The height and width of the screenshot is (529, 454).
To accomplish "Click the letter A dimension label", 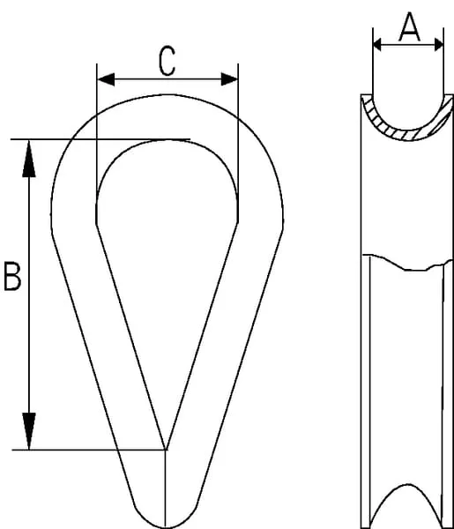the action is [409, 27].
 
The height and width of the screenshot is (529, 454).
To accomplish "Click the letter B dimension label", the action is [13, 276].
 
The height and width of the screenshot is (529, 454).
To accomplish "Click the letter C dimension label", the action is [167, 62].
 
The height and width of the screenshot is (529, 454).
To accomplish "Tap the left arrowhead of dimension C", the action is [106, 79].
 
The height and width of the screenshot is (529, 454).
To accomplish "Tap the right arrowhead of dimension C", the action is [229, 79].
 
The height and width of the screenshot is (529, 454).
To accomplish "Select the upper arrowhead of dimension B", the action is [29, 159].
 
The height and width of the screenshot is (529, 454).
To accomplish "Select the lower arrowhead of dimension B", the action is [29, 431].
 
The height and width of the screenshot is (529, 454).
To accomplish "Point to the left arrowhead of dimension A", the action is [377, 45].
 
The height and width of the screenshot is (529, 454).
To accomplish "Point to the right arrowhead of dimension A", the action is [439, 45].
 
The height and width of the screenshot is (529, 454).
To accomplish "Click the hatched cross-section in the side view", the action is [407, 134].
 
